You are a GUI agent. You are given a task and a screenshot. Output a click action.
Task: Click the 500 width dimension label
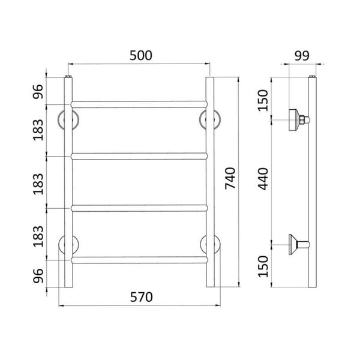141,56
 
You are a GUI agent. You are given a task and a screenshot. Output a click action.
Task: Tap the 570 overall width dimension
141,297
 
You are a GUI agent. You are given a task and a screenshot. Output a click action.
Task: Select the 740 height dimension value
230,179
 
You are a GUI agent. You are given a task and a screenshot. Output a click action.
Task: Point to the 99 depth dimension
302,56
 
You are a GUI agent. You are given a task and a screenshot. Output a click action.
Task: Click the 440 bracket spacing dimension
263,179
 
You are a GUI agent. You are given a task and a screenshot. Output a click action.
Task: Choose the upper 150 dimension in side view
263,101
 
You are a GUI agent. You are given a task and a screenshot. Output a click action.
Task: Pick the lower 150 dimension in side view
263,266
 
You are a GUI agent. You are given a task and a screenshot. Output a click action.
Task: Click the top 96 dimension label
38,92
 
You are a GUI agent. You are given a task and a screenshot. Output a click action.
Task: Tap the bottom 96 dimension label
38,276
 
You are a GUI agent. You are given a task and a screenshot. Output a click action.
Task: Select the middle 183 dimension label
38,184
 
